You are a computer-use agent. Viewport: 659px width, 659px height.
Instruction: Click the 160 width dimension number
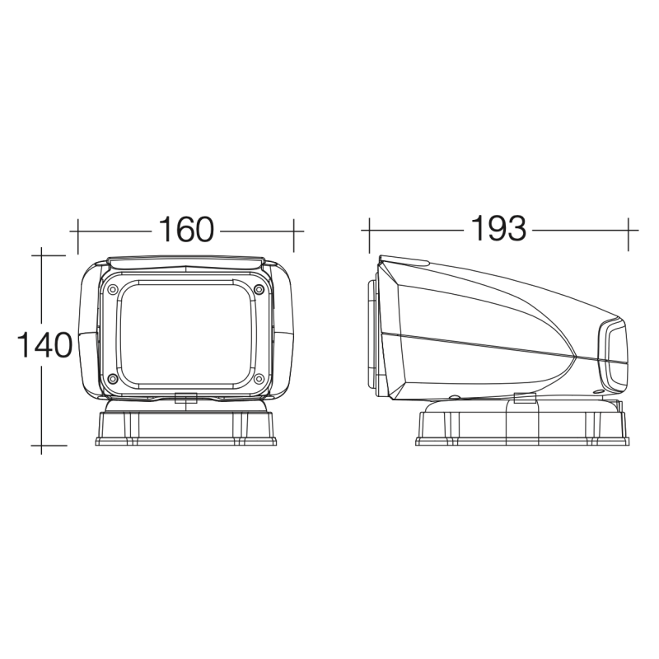point(186,230)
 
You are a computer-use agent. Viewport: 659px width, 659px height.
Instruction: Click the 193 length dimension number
point(498,229)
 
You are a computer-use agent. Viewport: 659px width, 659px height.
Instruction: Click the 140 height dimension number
point(44,344)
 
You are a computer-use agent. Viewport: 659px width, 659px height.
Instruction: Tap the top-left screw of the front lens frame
point(112,290)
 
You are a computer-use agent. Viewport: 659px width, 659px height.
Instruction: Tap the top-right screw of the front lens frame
point(259,289)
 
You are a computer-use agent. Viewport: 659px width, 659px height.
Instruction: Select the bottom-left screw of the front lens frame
point(112,379)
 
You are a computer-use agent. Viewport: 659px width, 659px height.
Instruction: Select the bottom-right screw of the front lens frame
point(259,379)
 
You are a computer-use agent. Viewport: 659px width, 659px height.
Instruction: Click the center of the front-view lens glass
point(186,334)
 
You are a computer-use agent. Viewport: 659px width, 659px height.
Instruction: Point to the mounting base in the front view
point(186,423)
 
